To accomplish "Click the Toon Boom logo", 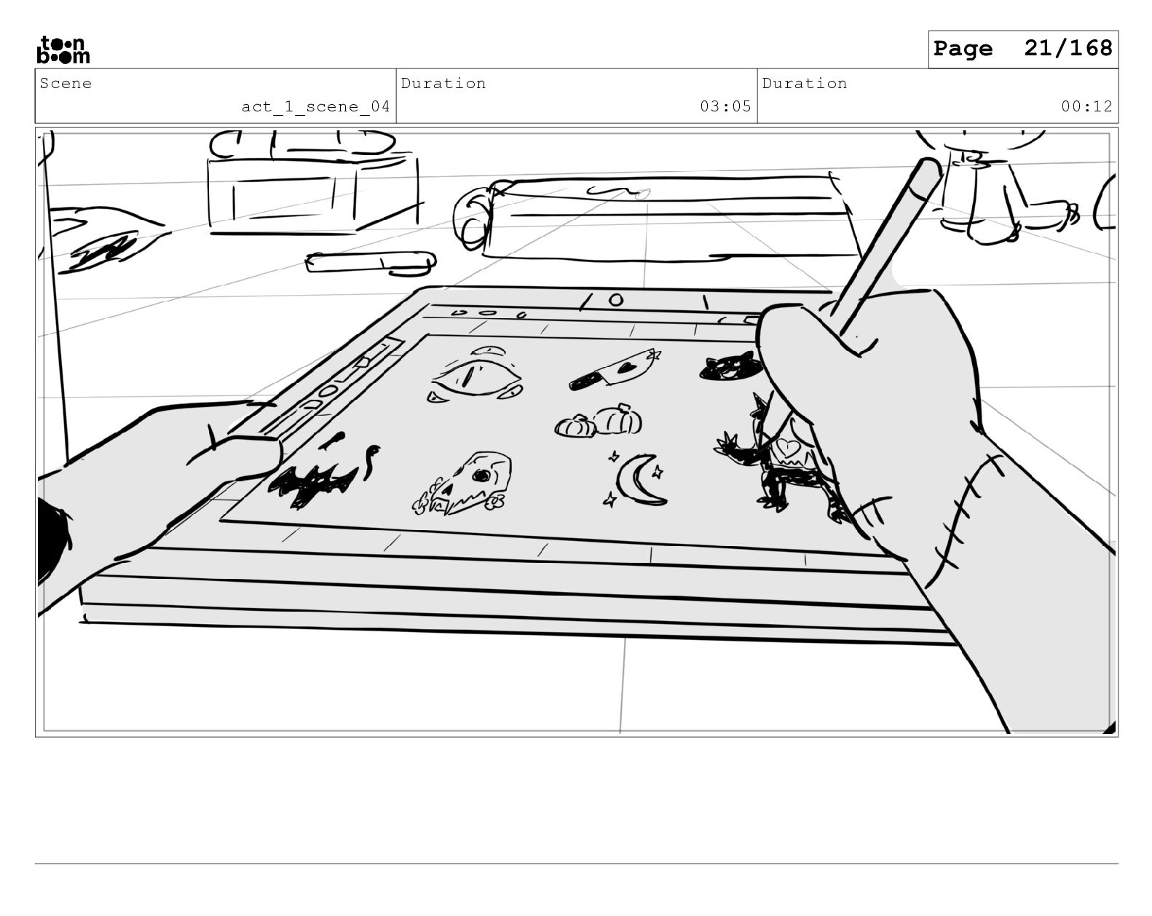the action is click(x=63, y=50).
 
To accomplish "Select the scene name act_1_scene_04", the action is click(x=315, y=107).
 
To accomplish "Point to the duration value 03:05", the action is click(x=725, y=107).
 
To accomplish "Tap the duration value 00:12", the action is click(x=1086, y=107).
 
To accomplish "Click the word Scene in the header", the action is click(x=66, y=84).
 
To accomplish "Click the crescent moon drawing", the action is click(x=639, y=480).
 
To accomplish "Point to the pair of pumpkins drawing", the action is click(x=600, y=422).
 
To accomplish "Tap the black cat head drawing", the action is click(x=730, y=368).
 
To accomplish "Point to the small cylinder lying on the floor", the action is click(x=371, y=261).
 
